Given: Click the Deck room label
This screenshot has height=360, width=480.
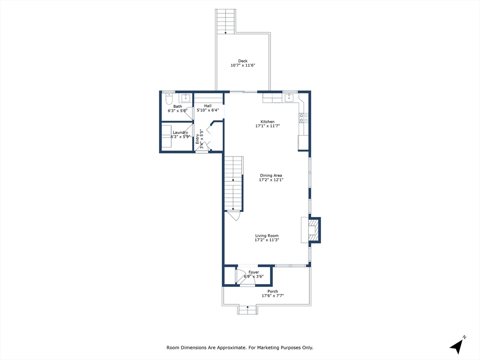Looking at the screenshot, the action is click(x=243, y=61).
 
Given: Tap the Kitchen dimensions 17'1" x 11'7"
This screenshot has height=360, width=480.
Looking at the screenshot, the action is click(x=268, y=126).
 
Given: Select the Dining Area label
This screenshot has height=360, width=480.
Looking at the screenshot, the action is click(x=271, y=175).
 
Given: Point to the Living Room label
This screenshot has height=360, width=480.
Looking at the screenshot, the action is click(x=267, y=236).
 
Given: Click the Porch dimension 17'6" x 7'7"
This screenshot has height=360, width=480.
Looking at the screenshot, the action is click(x=273, y=296).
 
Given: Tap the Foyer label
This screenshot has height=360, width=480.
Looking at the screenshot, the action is click(x=254, y=272).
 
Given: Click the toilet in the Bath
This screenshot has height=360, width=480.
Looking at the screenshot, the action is click(x=169, y=98).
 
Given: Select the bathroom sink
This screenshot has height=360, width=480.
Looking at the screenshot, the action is click(x=186, y=98).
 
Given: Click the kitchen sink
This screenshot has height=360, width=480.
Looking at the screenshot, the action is click(x=289, y=98).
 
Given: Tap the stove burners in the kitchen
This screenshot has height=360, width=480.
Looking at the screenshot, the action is click(x=304, y=118).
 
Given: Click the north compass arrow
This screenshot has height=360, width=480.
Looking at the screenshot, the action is click(x=457, y=347).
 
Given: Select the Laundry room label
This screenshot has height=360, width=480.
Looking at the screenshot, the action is click(x=180, y=133).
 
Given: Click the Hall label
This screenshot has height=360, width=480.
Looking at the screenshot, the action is click(x=208, y=106).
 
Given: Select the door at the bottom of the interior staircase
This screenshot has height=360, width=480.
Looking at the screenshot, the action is click(x=234, y=216).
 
